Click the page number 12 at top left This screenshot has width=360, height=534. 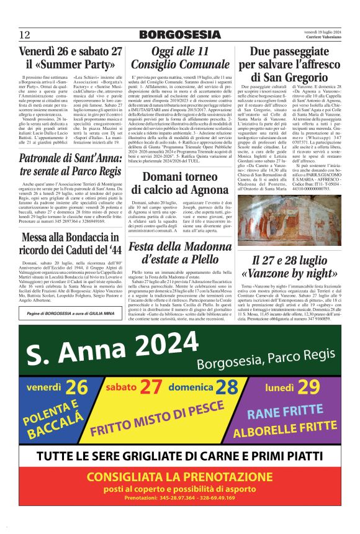coord(25,34)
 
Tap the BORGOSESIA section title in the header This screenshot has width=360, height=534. coord(179,34)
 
